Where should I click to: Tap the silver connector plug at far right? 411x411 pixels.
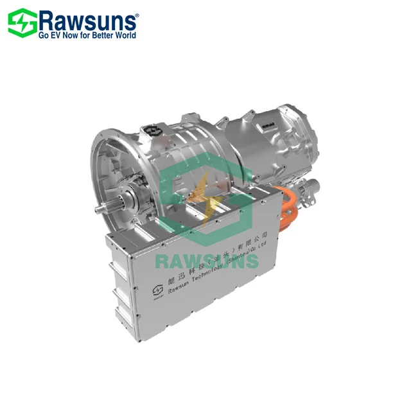(314, 189)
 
